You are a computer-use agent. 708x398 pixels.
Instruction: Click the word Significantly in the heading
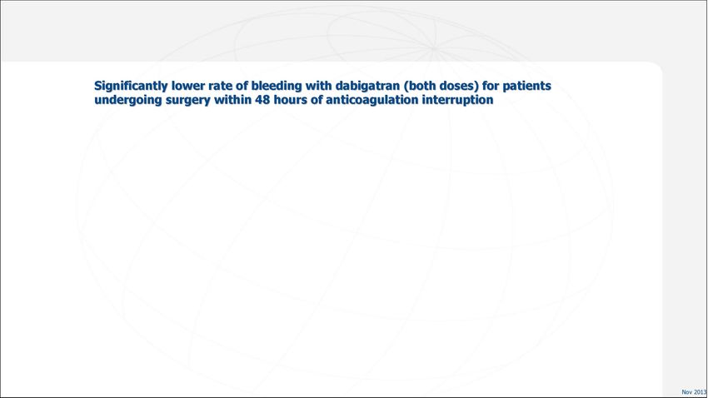pos(131,87)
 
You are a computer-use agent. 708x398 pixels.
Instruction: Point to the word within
pos(232,99)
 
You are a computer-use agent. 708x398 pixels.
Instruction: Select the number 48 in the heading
pos(262,99)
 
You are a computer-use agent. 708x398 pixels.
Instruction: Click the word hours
pos(291,99)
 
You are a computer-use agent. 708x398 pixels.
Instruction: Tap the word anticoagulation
pos(372,100)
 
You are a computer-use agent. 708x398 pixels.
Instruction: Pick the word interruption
pos(457,100)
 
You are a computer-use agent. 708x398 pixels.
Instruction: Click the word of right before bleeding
pos(242,86)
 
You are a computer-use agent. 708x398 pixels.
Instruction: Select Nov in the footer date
pos(687,392)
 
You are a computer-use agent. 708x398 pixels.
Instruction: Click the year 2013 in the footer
pos(701,392)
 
